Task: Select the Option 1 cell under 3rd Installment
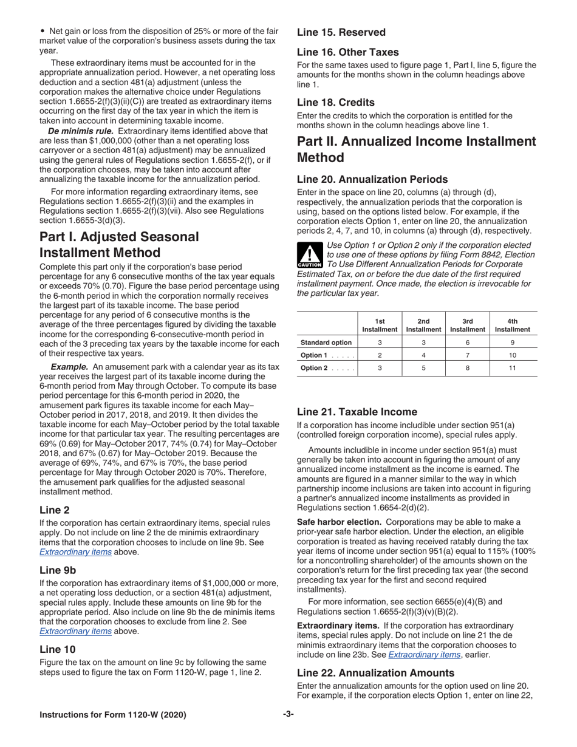coord(467,355)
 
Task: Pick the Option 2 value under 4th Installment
coord(512,368)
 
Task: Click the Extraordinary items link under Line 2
coord(75,552)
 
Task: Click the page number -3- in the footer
coord(288,714)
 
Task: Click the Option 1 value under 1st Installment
coord(380,355)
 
